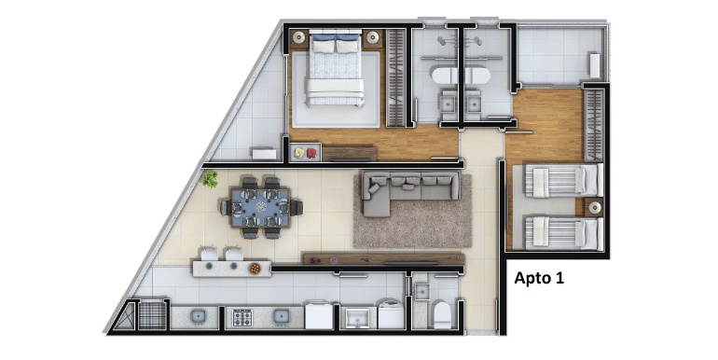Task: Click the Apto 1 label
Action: pyautogui.click(x=539, y=278)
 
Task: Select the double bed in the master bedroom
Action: pyautogui.click(x=336, y=68)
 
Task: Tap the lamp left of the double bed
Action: pyautogui.click(x=299, y=37)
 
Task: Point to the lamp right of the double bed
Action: pyautogui.click(x=373, y=37)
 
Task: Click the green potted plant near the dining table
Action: pyautogui.click(x=210, y=179)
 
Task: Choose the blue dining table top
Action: pyautogui.click(x=261, y=208)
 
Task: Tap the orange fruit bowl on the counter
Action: pyautogui.click(x=255, y=269)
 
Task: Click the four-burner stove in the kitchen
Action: pyautogui.click(x=242, y=317)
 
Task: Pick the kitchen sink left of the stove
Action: pyautogui.click(x=199, y=316)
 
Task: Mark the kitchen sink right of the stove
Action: pyautogui.click(x=282, y=316)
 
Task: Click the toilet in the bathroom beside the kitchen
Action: pyautogui.click(x=442, y=314)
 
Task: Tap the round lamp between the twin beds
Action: pyautogui.click(x=595, y=207)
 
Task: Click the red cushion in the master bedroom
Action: pyautogui.click(x=311, y=153)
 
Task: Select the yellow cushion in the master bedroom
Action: pyautogui.click(x=299, y=153)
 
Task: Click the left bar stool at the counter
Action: pyautogui.click(x=209, y=255)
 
